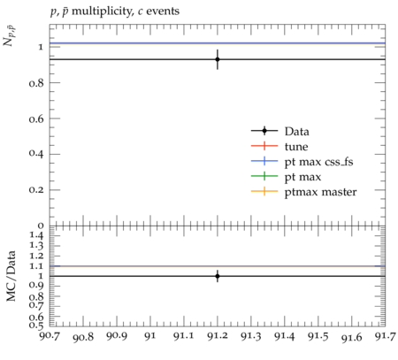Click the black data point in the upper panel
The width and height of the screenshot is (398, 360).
pos(218,59)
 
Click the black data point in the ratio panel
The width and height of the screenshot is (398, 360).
pos(218,276)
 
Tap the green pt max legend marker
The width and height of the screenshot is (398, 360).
pos(264,176)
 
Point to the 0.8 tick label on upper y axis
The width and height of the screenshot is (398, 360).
pos(36,83)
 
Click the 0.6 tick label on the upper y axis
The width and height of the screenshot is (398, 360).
pos(36,119)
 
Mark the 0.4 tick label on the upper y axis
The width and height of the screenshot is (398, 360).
pos(36,154)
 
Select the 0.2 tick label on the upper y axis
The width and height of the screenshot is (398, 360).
pos(36,190)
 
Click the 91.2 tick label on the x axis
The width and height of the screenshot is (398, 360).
pos(218,336)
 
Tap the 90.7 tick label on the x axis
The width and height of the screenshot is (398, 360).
pos(50,335)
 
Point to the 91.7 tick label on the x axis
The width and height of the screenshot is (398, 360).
pos(385,335)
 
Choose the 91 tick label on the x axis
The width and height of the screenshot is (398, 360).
pos(150,336)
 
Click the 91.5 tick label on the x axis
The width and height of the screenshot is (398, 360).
pos(318,336)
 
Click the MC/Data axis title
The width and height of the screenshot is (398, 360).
pos(11,276)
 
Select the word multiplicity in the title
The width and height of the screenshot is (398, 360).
pos(102,11)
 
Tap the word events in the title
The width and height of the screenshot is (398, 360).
pos(163,11)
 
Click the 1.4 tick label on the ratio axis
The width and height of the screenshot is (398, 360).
pos(36,235)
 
